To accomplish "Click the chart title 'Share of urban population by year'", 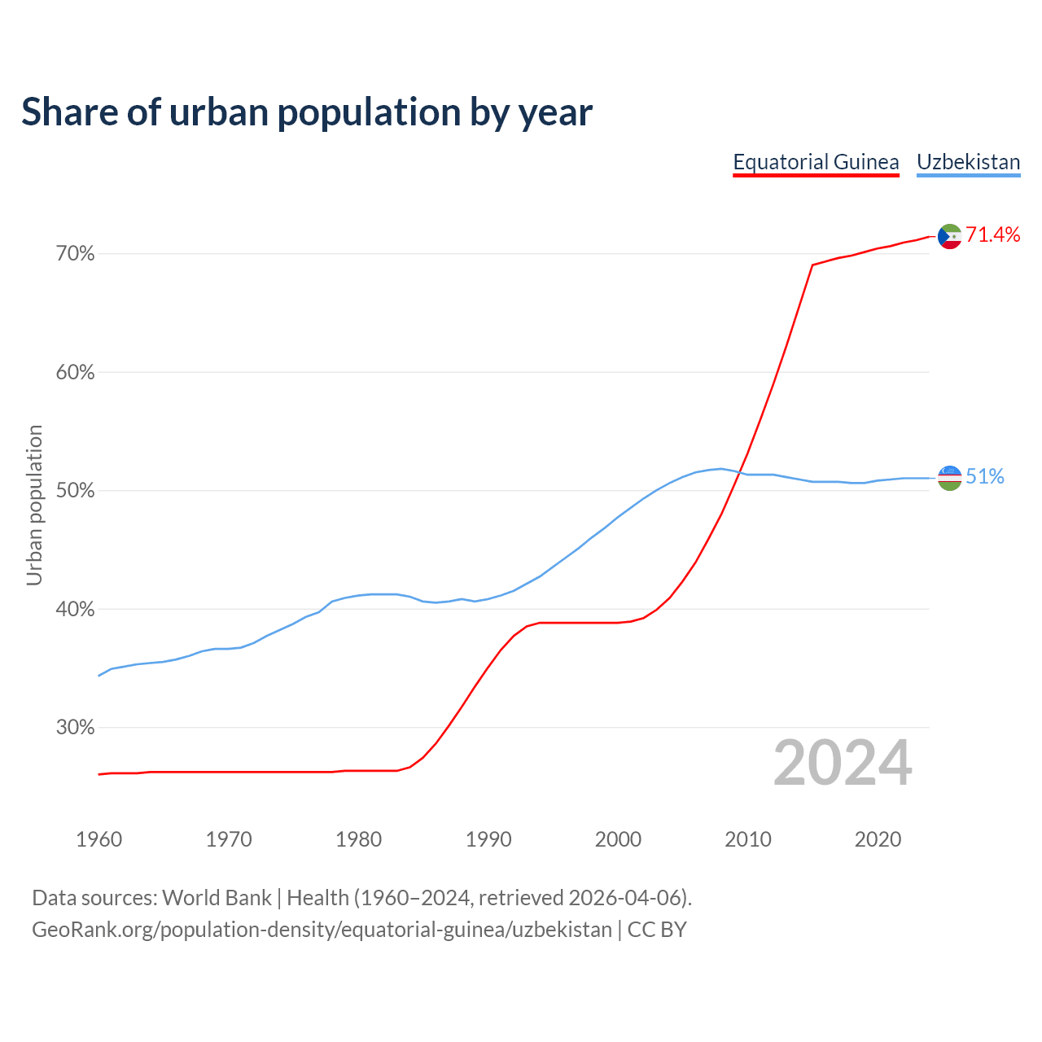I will [307, 112].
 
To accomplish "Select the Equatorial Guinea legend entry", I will [816, 162].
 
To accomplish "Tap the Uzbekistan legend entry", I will [968, 162].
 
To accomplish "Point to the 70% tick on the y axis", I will [75, 254].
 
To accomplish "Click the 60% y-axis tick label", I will [75, 373].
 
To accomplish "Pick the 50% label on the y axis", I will [75, 491].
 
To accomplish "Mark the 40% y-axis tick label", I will [75, 610].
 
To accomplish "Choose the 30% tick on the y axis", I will [75, 728].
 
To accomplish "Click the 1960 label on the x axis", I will [99, 839].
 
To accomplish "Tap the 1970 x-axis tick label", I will [229, 839].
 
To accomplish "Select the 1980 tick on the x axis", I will [358, 839].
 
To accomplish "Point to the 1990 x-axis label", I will [488, 839].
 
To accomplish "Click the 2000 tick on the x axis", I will [618, 839].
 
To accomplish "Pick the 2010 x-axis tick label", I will [748, 839].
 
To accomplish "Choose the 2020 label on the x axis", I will [878, 839].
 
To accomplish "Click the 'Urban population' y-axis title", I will [34, 505].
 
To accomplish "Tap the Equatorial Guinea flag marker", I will [949, 236].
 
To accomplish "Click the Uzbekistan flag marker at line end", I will [949, 478].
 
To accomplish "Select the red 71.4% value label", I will [993, 235].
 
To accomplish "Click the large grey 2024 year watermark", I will [843, 764].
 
